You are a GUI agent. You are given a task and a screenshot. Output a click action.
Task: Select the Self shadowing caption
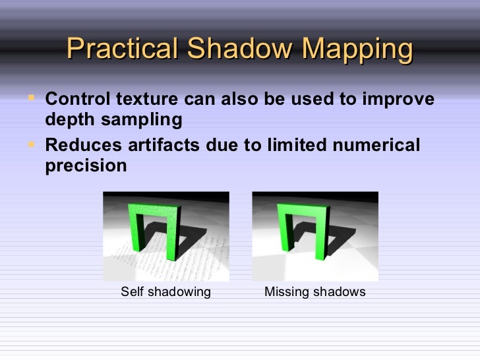click(x=165, y=291)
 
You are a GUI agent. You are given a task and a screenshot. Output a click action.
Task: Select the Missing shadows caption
click(x=315, y=291)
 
